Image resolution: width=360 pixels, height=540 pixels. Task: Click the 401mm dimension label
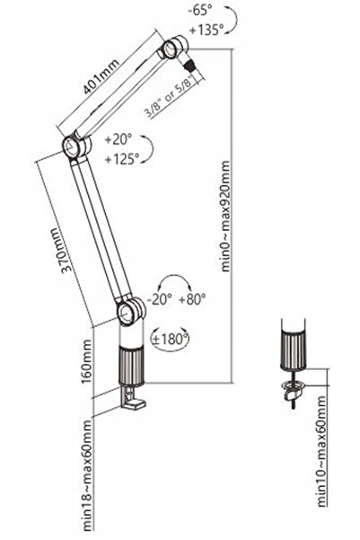[x=101, y=76]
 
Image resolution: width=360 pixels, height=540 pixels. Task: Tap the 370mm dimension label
[x=62, y=250]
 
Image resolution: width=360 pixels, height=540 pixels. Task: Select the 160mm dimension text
[x=86, y=361]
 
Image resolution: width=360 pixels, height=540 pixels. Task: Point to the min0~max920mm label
[x=225, y=216]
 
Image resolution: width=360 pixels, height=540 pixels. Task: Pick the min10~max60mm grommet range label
[x=320, y=451]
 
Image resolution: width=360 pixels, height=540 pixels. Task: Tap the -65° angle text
[x=200, y=10]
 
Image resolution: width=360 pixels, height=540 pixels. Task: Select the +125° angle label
[x=122, y=159]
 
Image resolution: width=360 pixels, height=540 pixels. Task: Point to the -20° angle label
[x=159, y=299]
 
